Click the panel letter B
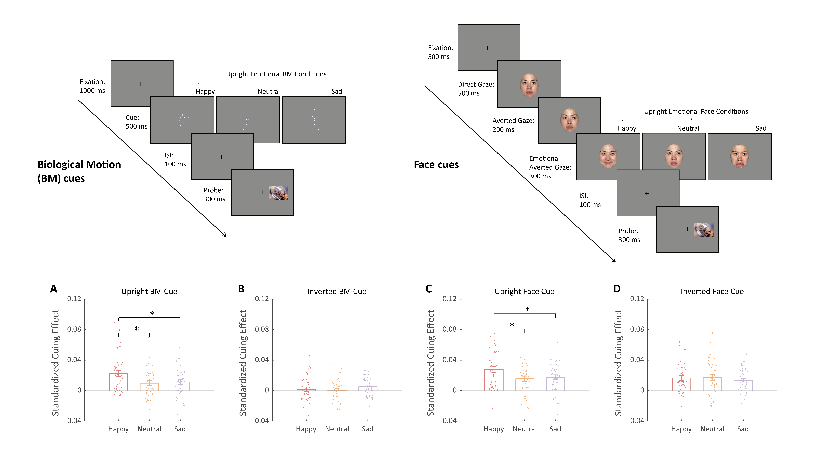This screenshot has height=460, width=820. [x=241, y=289]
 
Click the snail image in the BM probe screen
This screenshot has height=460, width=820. [x=278, y=193]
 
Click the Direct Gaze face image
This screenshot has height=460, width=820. [x=529, y=85]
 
